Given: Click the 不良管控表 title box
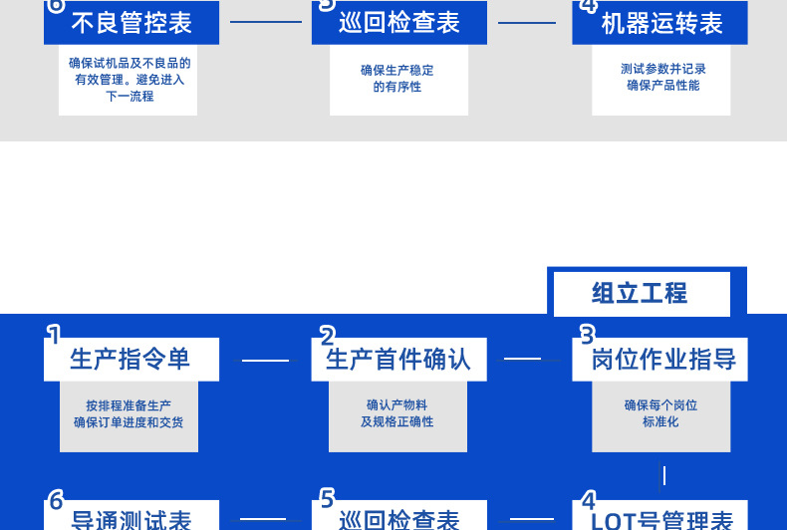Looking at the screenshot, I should click(x=131, y=23).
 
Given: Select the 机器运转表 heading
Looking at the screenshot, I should click(x=661, y=23).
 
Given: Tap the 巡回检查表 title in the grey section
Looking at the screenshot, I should click(x=398, y=23).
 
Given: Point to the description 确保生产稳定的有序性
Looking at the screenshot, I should click(x=397, y=79).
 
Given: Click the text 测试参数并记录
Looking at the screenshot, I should click(x=662, y=70).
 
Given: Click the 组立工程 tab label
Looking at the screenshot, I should click(x=640, y=293).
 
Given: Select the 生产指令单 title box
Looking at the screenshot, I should click(x=131, y=359).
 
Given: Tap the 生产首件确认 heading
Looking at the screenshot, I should click(x=398, y=359).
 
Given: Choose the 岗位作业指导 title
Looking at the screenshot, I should click(x=662, y=359).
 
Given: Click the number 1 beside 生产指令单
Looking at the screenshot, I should click(x=54, y=334).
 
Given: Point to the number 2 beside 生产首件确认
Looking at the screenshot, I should click(x=327, y=334).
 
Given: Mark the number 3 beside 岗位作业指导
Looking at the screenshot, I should click(x=587, y=334).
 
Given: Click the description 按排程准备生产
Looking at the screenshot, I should click(x=129, y=405).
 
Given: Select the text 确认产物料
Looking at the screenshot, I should click(x=396, y=405).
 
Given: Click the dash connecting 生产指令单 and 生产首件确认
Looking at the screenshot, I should click(x=265, y=360).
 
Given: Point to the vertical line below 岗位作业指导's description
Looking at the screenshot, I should click(x=663, y=475).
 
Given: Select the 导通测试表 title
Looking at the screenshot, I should click(x=131, y=519).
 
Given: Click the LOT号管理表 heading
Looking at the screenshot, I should click(x=662, y=519).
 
